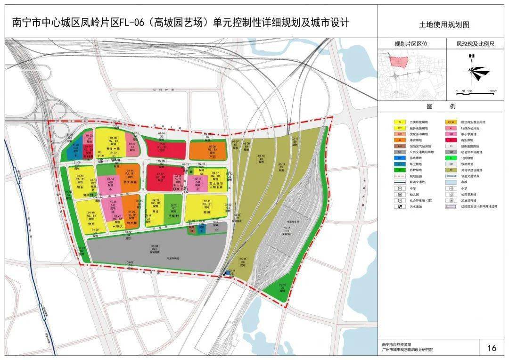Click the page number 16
tap(492, 348)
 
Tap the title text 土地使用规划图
tap(444, 25)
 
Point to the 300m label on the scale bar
tap(493, 91)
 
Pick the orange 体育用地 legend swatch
tap(400, 140)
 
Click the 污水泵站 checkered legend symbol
tap(400, 206)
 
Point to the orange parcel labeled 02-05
tap(207, 150)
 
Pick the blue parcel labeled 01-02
tap(75, 150)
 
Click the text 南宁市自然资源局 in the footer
tap(396, 345)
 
